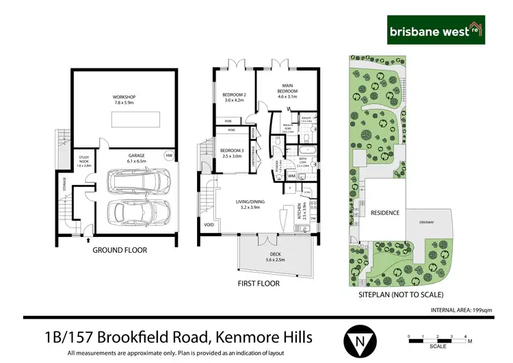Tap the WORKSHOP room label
click(125, 101)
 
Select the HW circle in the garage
click(168, 156)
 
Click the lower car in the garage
click(140, 215)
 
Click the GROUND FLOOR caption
click(120, 250)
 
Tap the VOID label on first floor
click(208, 224)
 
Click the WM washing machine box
click(282, 176)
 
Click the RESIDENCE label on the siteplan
click(384, 212)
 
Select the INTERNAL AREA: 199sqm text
click(461, 310)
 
